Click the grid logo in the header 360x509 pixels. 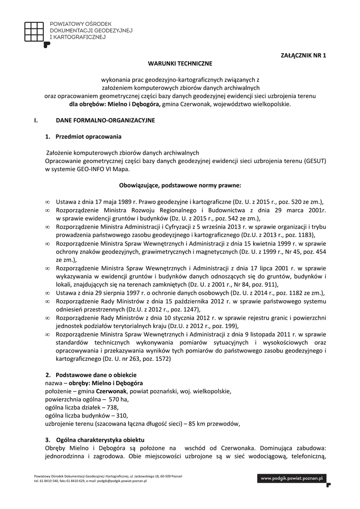point(36,31)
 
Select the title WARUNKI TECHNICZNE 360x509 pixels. point(180,64)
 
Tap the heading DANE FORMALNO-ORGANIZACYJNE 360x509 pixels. point(105,120)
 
